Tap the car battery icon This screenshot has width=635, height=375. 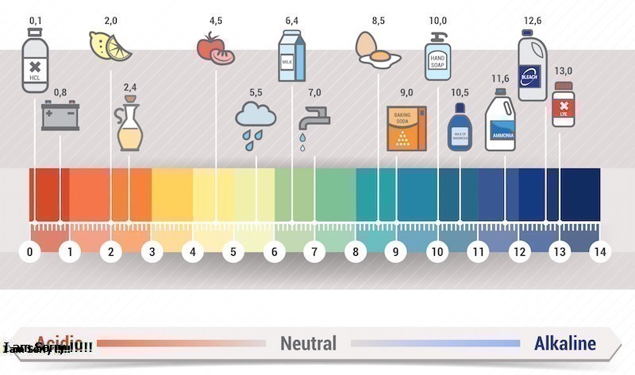60,116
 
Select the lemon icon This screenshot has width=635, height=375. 110,47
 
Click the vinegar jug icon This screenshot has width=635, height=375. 129,124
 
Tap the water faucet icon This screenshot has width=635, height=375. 310,121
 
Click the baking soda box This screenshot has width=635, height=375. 406,127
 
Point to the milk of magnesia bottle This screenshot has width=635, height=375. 460,126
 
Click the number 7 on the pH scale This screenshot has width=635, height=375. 314,253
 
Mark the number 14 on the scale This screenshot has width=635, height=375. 599,253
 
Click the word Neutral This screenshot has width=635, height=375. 308,344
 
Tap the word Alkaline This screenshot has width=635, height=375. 564,344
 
